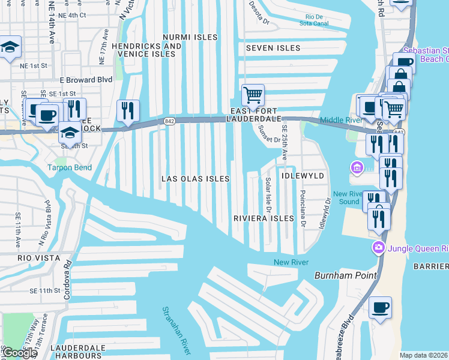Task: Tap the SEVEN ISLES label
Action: [270, 47]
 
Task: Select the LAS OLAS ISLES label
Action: [195, 179]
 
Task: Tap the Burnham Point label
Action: [345, 275]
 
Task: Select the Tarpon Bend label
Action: [70, 167]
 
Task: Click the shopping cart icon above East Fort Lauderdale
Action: [253, 95]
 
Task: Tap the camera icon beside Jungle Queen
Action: [378, 247]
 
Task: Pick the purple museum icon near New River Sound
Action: [358, 167]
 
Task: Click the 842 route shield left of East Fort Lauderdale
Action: [168, 121]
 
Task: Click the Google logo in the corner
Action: [19, 353]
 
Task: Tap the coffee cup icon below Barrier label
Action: [380, 308]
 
